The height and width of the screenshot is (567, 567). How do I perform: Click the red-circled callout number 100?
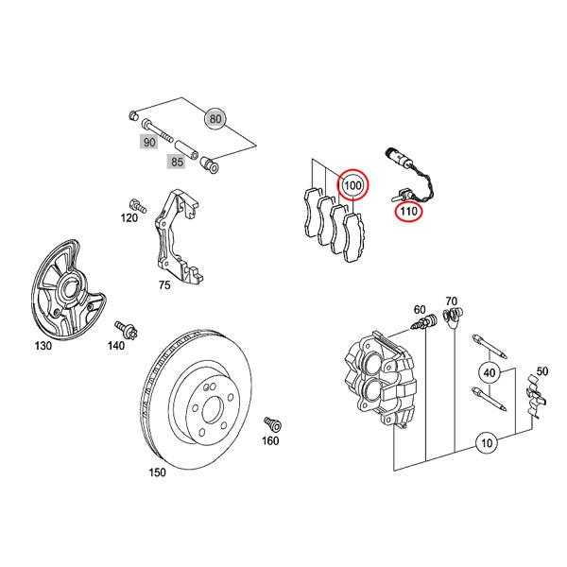352,184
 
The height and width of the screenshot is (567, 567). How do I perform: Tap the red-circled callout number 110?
407,212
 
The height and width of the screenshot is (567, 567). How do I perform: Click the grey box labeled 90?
148,142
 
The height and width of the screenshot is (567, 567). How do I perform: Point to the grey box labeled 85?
177,163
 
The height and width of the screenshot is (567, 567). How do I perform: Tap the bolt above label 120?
135,202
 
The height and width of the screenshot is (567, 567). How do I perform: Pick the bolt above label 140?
123,329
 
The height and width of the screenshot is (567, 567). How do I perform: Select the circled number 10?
487,442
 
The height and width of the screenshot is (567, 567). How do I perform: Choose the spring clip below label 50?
535,397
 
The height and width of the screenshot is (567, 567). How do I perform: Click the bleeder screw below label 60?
422,325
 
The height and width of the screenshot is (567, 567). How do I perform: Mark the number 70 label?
451,301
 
